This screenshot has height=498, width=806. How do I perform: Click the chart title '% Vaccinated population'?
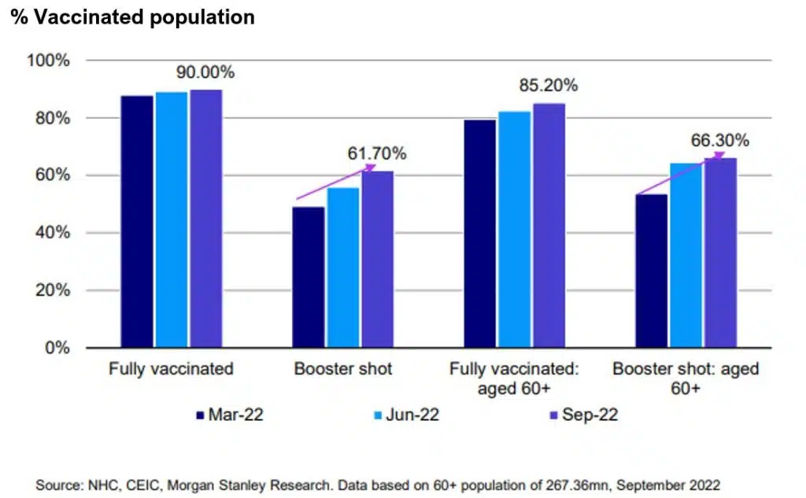pos(132,17)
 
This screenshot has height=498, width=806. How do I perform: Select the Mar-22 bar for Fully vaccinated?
pos(136,221)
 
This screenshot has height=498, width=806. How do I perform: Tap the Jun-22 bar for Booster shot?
pos(343,267)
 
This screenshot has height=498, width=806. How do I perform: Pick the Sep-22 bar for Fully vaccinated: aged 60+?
pos(549,225)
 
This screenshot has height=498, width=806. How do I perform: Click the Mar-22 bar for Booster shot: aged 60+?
pos(652,271)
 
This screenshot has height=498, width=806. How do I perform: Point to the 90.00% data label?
pos(205,72)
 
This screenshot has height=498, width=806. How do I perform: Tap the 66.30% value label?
pos(720,141)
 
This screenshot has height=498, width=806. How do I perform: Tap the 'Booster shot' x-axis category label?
pos(343,369)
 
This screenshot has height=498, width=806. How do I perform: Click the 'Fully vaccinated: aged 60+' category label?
pos(515,379)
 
